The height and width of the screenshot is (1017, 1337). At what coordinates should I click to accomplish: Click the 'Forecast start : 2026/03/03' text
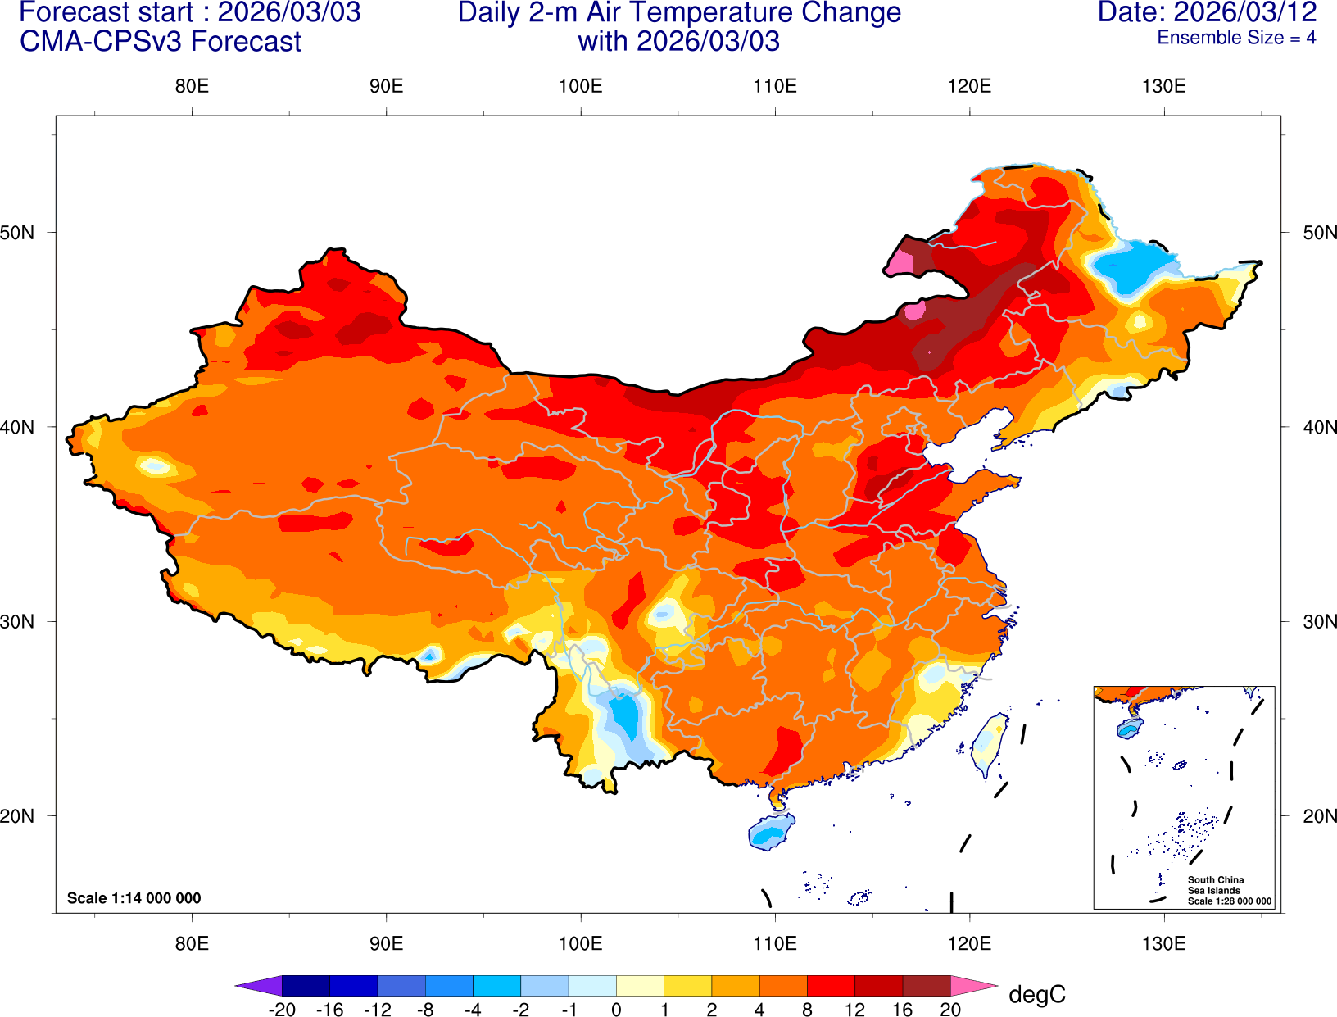(189, 12)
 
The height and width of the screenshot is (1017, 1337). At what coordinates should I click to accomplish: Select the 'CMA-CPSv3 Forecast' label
(161, 42)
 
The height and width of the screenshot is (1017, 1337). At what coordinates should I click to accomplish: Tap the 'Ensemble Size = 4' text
(1235, 38)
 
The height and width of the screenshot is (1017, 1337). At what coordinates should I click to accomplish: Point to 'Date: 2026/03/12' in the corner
(1207, 12)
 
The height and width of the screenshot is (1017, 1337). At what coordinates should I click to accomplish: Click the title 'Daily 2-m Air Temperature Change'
(679, 12)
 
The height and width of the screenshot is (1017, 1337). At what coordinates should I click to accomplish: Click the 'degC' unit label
(1036, 995)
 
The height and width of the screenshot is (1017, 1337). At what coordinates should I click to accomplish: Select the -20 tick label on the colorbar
(282, 1010)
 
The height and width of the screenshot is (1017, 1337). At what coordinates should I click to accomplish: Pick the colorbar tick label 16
(902, 1010)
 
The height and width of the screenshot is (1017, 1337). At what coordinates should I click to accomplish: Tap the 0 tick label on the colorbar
(616, 1010)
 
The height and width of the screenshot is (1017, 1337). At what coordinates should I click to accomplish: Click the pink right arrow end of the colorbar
(972, 985)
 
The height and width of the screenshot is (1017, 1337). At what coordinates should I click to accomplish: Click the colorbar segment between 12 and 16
(878, 985)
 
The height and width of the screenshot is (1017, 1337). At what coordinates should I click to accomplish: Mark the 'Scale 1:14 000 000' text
(134, 898)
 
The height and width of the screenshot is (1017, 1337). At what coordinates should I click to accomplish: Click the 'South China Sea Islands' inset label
(1215, 885)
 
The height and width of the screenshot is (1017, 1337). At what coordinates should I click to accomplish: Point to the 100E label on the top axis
(580, 87)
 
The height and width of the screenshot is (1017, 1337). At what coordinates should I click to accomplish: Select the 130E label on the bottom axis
(1163, 943)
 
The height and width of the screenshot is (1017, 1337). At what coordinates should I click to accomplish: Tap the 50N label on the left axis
(18, 233)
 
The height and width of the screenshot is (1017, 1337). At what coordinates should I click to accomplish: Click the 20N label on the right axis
(1319, 816)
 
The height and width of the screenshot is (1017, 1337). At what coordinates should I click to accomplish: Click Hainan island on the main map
(771, 833)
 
